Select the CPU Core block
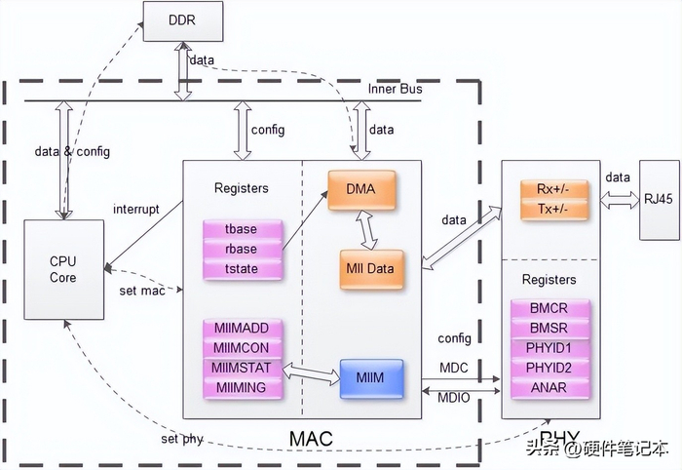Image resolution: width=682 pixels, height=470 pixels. point(62,269)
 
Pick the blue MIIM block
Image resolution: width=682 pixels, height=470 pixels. point(371,376)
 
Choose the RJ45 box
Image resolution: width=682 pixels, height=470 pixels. point(658,200)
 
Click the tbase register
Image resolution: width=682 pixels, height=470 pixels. point(242,230)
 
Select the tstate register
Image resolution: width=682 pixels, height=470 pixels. point(242,268)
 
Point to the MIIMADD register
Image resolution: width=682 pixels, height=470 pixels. point(241,329)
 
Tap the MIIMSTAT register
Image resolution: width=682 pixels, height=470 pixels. point(241,369)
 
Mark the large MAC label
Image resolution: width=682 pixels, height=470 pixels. point(311,440)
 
